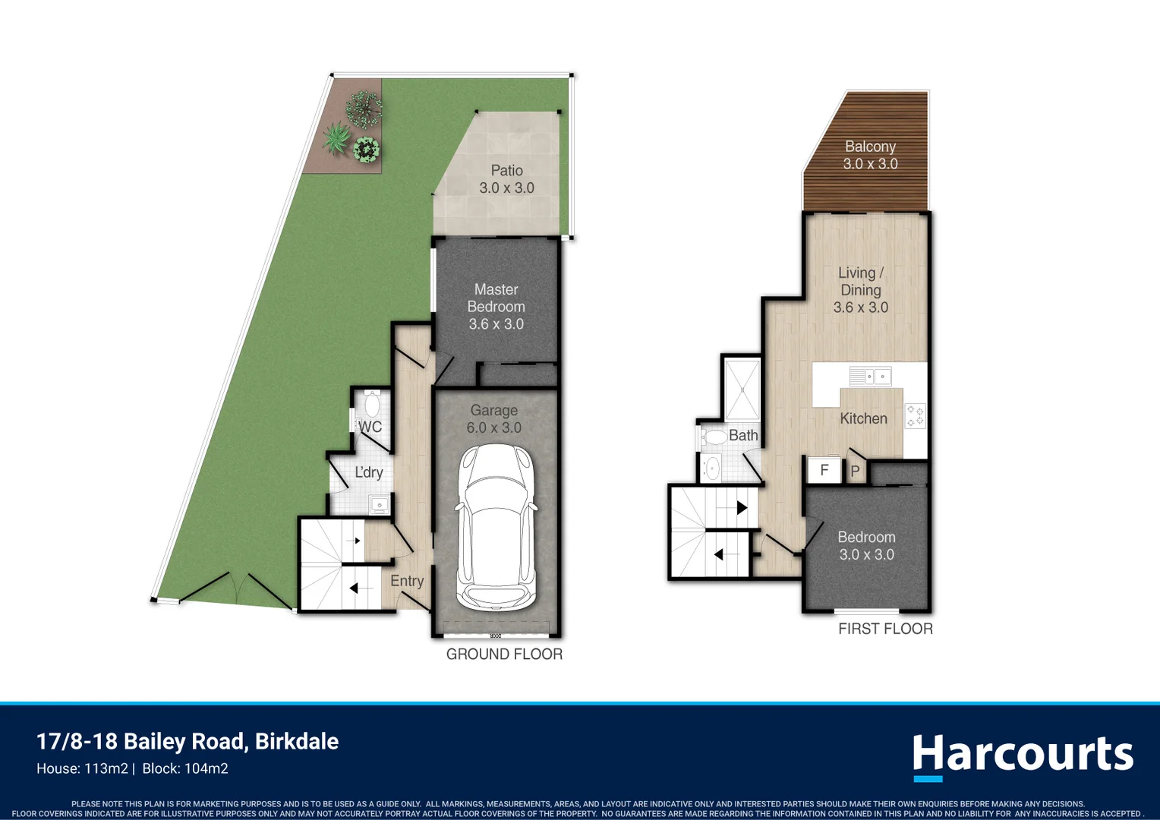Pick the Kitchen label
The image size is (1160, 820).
(863, 418)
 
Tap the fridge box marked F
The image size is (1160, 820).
(824, 470)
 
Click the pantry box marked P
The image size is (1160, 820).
(855, 471)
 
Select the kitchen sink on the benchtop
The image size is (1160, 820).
(870, 376)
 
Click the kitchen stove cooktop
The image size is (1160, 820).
(916, 415)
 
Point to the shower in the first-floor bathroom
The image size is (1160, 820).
(742, 389)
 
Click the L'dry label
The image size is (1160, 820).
(369, 472)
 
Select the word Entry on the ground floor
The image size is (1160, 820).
(407, 581)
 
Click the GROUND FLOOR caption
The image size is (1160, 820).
(504, 654)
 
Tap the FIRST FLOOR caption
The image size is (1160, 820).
(885, 629)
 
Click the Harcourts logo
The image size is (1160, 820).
(1023, 755)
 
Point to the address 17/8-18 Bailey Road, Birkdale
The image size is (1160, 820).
(188, 741)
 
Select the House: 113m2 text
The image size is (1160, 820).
(82, 768)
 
